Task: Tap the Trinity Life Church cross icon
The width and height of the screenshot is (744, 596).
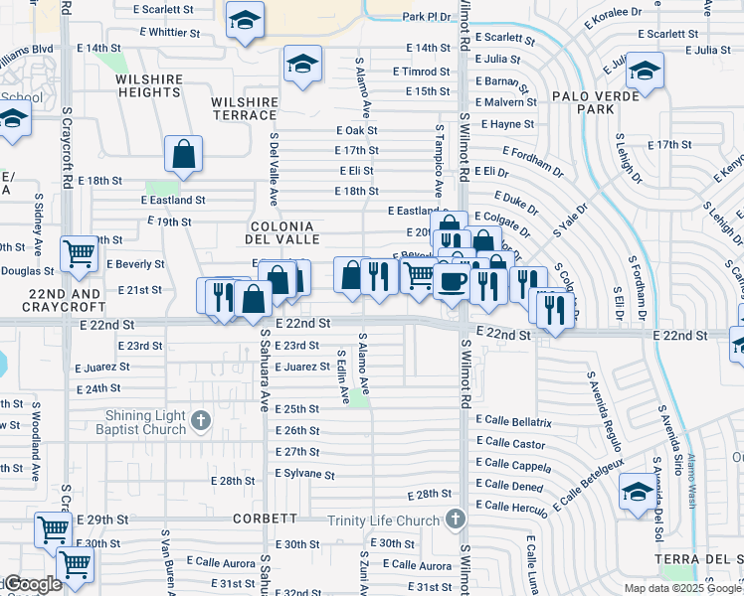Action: tap(455, 520)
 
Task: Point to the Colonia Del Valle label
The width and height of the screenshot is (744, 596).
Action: tap(283, 232)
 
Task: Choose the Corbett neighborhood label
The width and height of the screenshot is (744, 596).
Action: tap(265, 519)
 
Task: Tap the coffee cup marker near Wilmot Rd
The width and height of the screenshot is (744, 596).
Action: tap(453, 280)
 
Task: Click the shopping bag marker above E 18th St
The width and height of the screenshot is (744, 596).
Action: tap(183, 154)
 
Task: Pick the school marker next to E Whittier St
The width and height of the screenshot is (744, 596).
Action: tap(243, 20)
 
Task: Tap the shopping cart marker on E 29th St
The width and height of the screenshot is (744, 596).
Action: tap(53, 528)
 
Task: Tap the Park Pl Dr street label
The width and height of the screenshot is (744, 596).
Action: tap(427, 17)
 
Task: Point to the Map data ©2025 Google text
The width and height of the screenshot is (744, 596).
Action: tap(682, 588)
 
